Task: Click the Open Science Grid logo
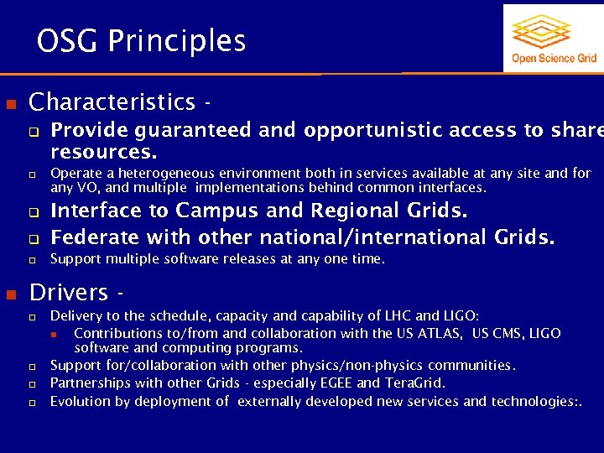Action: tap(554, 38)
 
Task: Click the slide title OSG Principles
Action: tap(141, 40)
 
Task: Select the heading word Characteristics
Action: tap(112, 102)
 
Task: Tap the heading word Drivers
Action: tap(69, 292)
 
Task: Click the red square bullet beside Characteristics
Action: tap(12, 102)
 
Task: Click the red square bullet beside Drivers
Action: tap(12, 293)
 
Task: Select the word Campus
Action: tap(216, 210)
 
